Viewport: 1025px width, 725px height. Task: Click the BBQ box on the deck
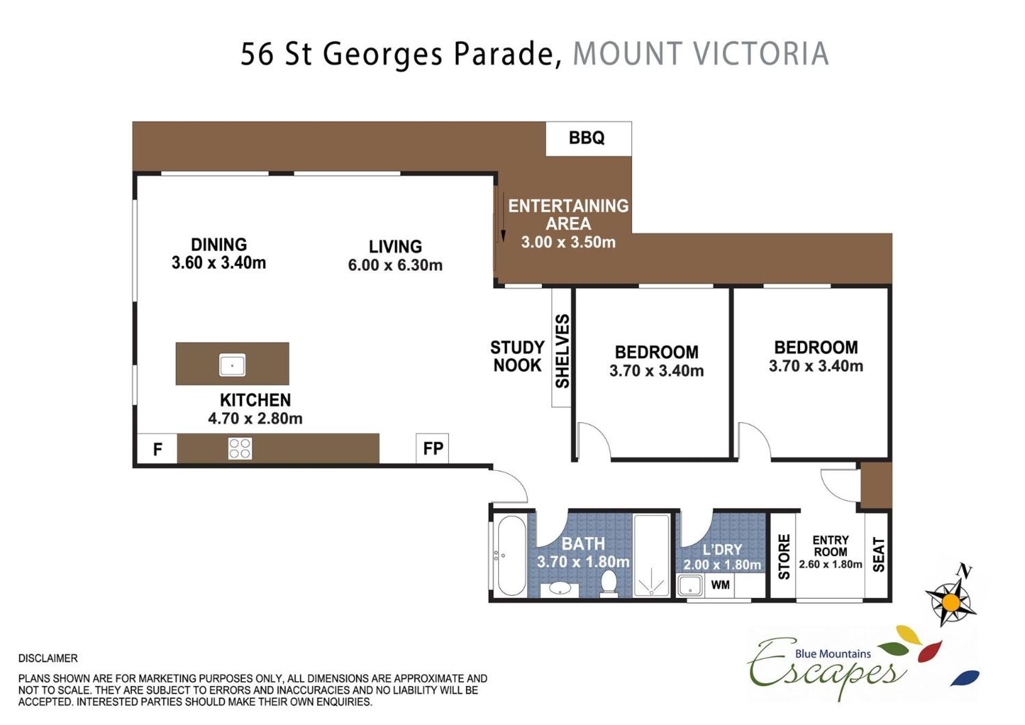click(588, 139)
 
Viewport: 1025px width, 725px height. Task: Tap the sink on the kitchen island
click(232, 365)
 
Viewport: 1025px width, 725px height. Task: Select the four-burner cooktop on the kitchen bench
click(240, 448)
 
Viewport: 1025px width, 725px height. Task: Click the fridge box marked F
click(157, 449)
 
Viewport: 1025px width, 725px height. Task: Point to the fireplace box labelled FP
click(432, 448)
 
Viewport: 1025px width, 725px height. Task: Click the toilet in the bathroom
click(609, 584)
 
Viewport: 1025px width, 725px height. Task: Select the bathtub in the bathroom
click(511, 555)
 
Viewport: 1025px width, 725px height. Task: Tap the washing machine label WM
click(720, 585)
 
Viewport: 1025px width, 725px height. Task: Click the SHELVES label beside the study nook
click(562, 351)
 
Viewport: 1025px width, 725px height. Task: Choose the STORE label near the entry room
click(784, 557)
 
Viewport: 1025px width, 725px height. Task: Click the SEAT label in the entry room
click(878, 555)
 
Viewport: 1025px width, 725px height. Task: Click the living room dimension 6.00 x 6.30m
click(395, 265)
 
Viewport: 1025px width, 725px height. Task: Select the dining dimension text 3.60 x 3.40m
click(219, 263)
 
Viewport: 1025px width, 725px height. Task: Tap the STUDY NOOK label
click(517, 357)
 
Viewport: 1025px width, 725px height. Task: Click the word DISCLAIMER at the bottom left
click(48, 658)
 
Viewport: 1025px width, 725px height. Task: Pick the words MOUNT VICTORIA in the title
click(700, 54)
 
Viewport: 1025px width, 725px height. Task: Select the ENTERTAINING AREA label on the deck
click(568, 215)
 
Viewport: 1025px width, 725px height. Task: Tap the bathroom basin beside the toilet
click(559, 589)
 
